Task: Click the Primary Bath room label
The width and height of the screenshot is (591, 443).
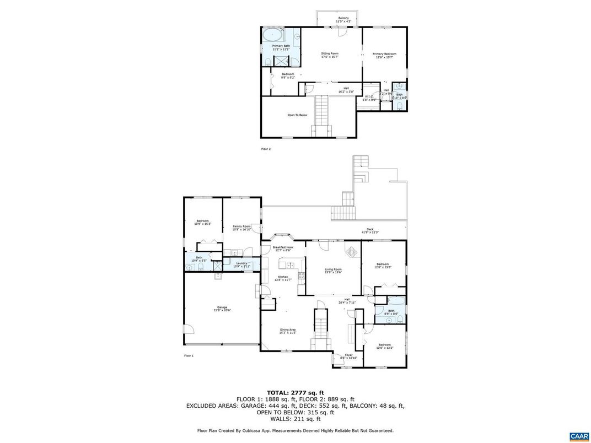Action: pos(281,47)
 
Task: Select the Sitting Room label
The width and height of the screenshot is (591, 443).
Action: pos(330,55)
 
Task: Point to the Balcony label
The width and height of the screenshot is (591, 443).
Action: pos(343,20)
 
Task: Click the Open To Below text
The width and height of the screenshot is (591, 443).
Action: pos(297,115)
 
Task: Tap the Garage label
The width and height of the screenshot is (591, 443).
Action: pos(222,309)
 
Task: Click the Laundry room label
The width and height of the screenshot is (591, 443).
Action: pos(242,265)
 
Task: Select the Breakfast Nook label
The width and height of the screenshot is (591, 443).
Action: pos(284,248)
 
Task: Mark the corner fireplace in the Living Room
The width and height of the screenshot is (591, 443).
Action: pos(351,251)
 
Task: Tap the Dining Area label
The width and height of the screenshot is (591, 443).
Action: pos(288,331)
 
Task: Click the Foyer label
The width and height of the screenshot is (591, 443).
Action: pos(348,356)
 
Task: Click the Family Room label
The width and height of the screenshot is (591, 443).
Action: pos(241,228)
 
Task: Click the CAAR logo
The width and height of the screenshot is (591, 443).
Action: pos(579,436)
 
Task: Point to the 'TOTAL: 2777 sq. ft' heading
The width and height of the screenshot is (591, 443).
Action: pos(295,393)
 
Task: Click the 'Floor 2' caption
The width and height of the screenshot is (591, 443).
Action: pos(266,149)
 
